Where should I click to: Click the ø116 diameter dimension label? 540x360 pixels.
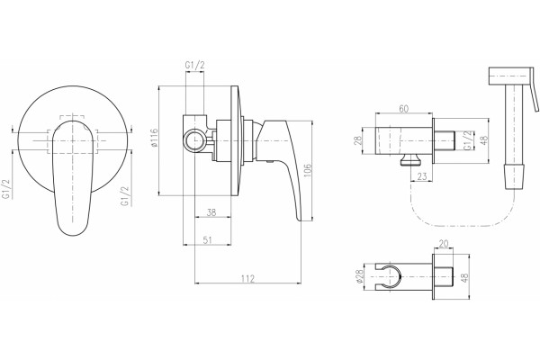[154, 138]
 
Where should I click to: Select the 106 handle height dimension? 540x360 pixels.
[308, 170]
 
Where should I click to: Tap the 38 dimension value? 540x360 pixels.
[211, 212]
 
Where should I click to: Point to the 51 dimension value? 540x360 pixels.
[207, 240]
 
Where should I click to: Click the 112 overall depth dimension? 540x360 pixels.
[247, 278]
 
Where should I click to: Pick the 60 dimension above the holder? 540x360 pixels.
[403, 109]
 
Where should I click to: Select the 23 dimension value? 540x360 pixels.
[422, 176]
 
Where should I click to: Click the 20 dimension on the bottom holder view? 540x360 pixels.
[444, 244]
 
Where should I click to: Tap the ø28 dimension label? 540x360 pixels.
[360, 276]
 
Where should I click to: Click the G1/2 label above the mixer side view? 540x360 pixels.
[195, 66]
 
